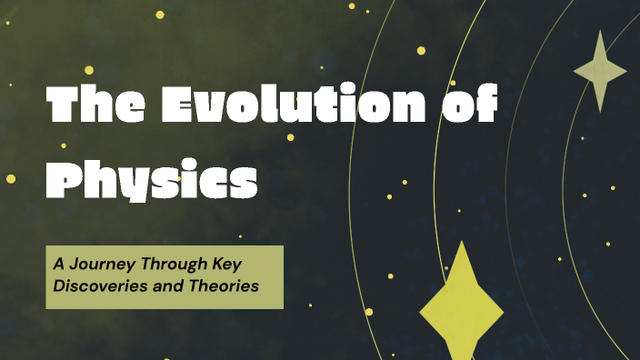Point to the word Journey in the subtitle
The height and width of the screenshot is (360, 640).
[x=100, y=265]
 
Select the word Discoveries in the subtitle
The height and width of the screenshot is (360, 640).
[x=95, y=285]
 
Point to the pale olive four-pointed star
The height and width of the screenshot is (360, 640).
[x=600, y=71]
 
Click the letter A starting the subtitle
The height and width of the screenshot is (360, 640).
[x=57, y=265]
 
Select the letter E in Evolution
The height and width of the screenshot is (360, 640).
[x=181, y=107]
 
